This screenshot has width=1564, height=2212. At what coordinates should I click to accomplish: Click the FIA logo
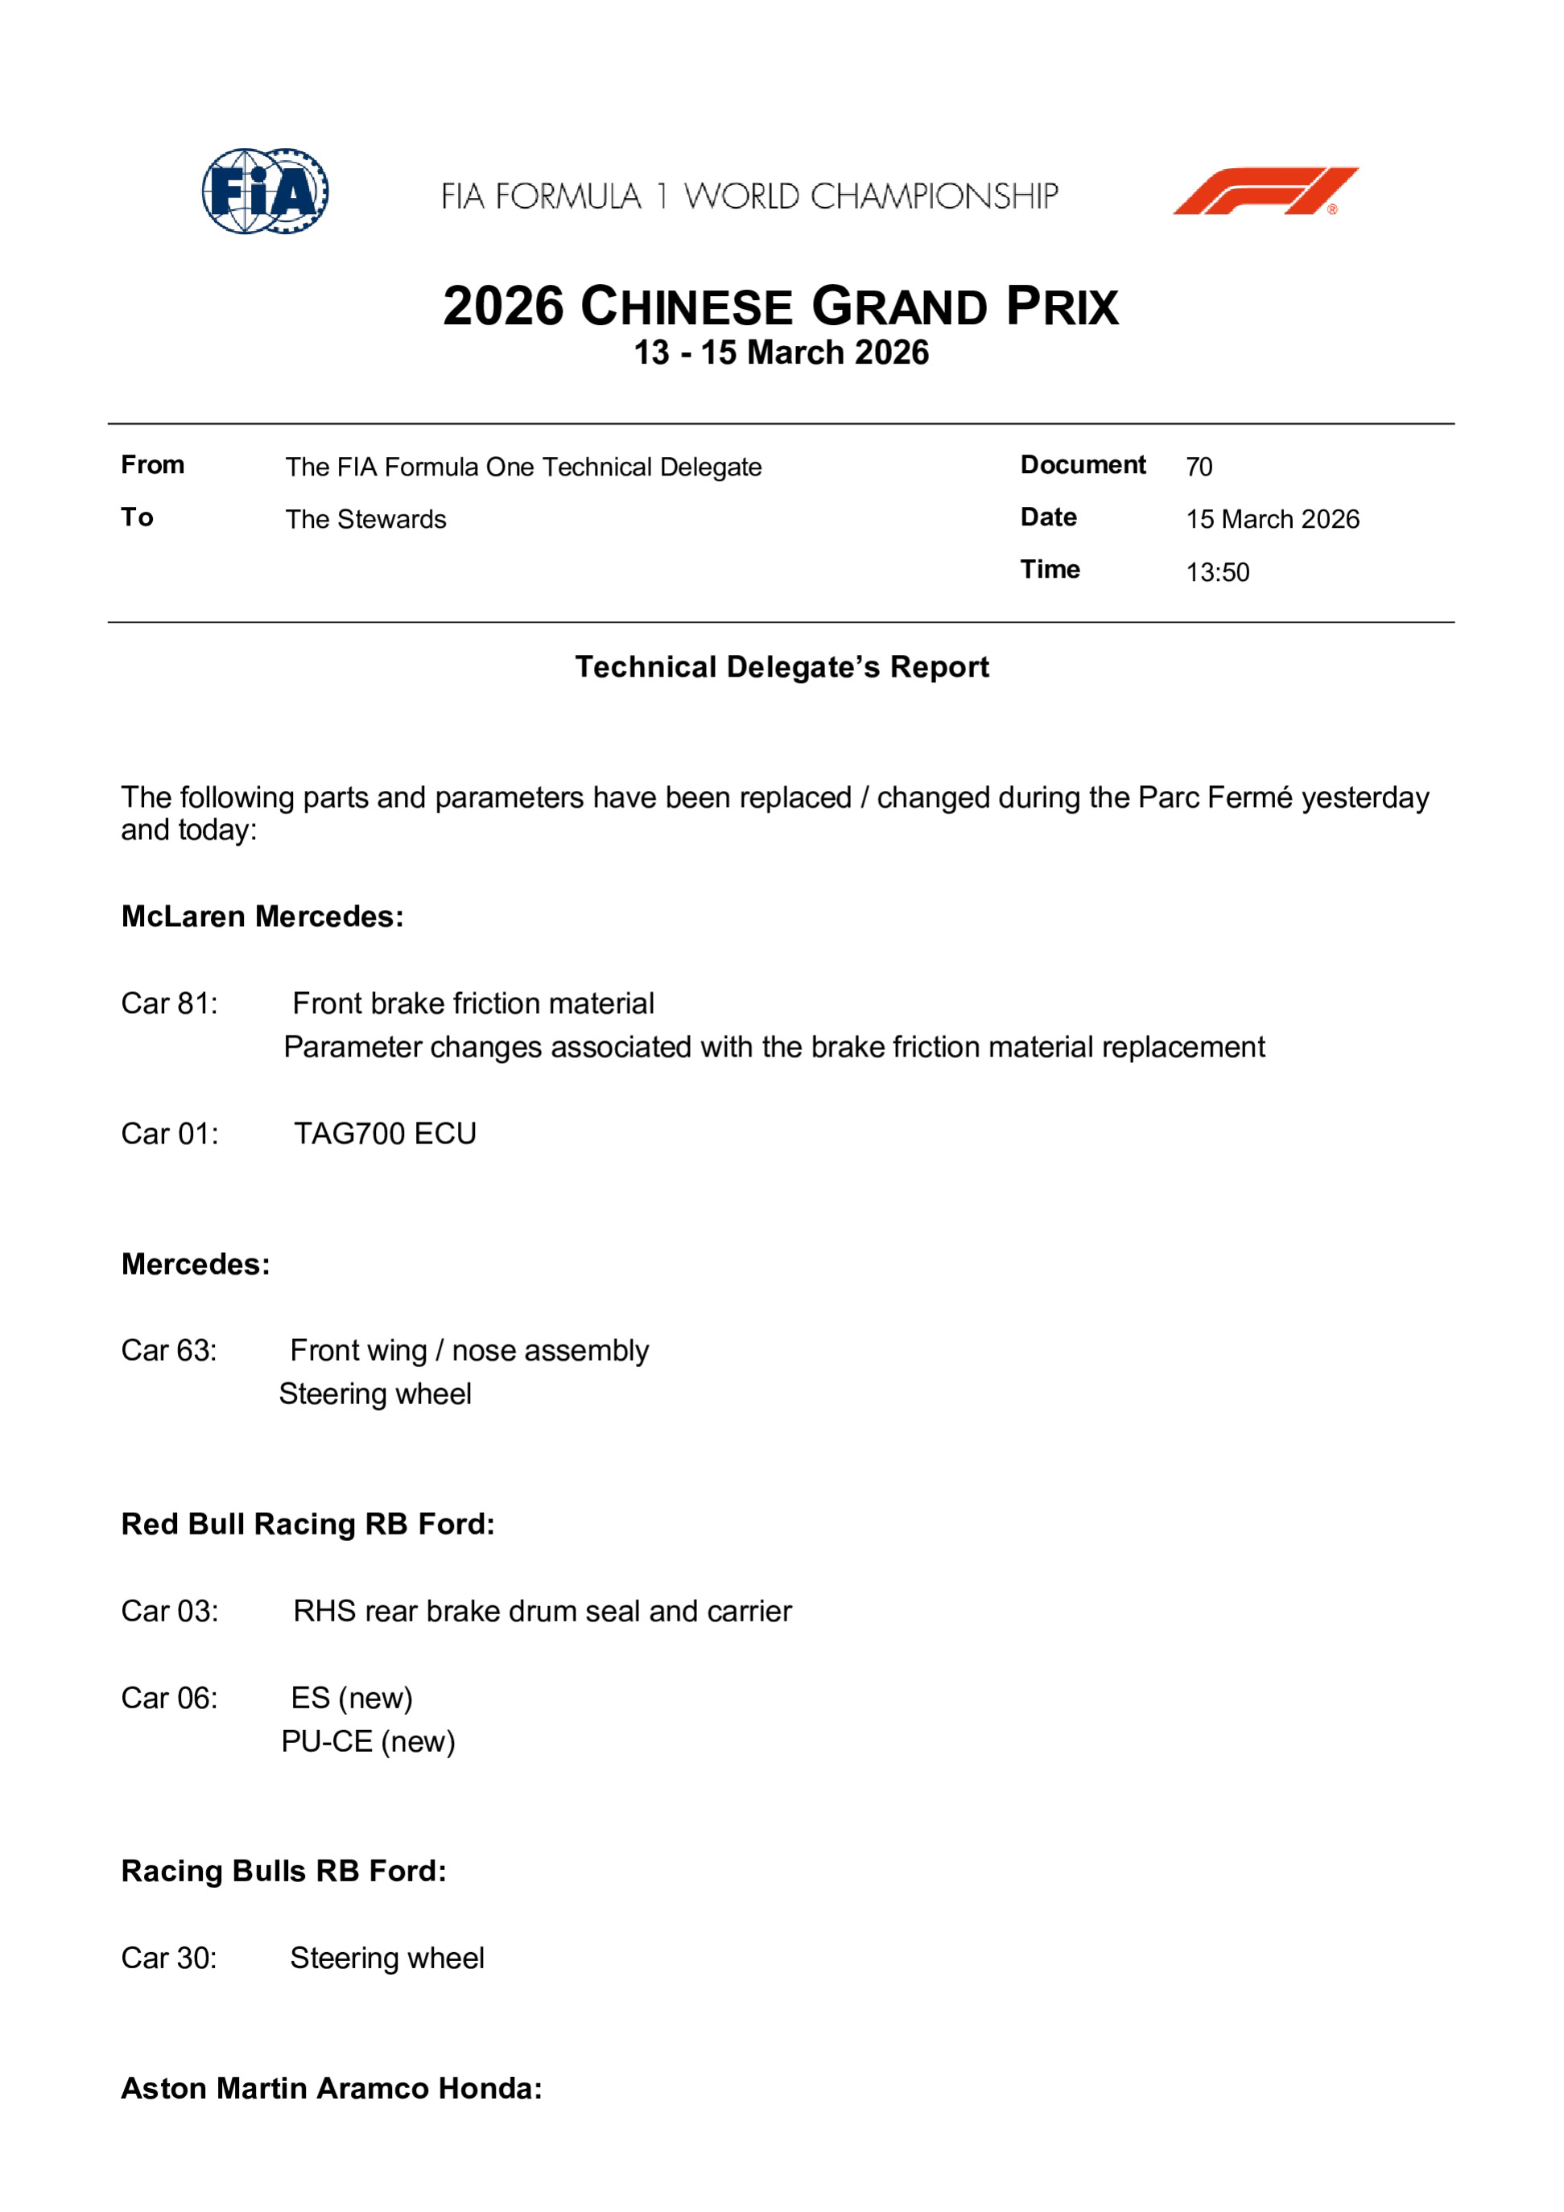pyautogui.click(x=265, y=191)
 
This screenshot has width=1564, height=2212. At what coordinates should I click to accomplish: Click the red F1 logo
pyautogui.click(x=1265, y=191)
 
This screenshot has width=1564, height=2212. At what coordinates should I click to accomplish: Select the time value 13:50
pyautogui.click(x=1217, y=572)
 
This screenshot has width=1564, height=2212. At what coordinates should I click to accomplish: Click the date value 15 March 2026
pyautogui.click(x=1272, y=519)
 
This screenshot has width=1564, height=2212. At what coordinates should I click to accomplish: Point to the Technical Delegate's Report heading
pyautogui.click(x=782, y=667)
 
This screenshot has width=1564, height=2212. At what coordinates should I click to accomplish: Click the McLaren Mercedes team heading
pyautogui.click(x=262, y=917)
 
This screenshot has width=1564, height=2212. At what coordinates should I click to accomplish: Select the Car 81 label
pyautogui.click(x=170, y=1004)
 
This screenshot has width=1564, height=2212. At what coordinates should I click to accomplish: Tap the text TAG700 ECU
pyautogui.click(x=385, y=1134)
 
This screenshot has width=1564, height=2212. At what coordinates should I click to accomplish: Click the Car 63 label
pyautogui.click(x=169, y=1351)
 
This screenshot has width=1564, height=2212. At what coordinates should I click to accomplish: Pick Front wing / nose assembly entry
pyautogui.click(x=469, y=1351)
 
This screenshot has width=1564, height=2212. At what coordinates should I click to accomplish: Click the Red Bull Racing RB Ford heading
pyautogui.click(x=307, y=1524)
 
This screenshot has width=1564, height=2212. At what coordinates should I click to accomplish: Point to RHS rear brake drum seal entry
pyautogui.click(x=542, y=1611)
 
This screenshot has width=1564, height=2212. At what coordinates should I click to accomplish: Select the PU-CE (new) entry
pyautogui.click(x=368, y=1741)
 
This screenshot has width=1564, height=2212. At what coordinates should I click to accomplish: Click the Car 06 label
pyautogui.click(x=170, y=1698)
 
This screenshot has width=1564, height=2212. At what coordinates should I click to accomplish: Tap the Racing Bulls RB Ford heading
pyautogui.click(x=283, y=1871)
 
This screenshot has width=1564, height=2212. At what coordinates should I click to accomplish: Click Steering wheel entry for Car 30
pyautogui.click(x=386, y=1958)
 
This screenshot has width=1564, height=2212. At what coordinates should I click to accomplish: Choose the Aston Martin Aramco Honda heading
pyautogui.click(x=332, y=2088)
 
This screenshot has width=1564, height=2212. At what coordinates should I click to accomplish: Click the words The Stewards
pyautogui.click(x=365, y=519)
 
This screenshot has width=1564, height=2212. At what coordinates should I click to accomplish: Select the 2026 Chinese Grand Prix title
pyautogui.click(x=781, y=307)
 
